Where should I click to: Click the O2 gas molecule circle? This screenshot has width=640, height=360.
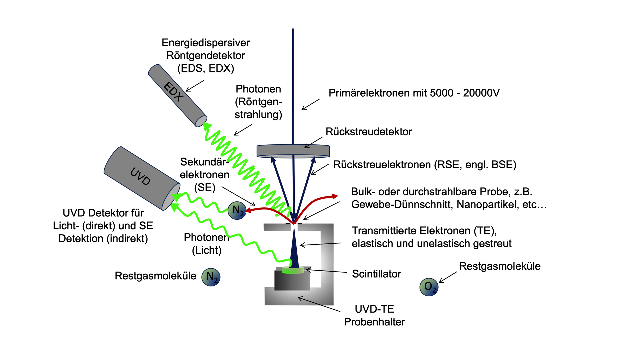[x=429, y=287]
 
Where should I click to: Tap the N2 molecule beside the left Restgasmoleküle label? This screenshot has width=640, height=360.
[x=211, y=277]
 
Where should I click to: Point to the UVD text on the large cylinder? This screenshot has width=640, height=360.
[x=140, y=176]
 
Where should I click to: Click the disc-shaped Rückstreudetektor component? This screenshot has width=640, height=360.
[x=293, y=151]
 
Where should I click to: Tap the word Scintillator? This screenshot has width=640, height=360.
[x=376, y=274]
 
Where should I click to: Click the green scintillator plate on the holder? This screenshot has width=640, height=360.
[x=293, y=270]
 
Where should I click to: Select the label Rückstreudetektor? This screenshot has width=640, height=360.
[x=369, y=132]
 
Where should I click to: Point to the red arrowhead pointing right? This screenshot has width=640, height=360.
[x=335, y=196]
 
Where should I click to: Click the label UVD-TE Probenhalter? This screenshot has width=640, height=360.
[x=374, y=315]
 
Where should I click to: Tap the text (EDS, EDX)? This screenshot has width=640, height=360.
[x=206, y=68]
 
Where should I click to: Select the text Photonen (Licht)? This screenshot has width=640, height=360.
[x=206, y=244]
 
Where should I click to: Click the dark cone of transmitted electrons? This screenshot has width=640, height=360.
[x=294, y=250]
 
